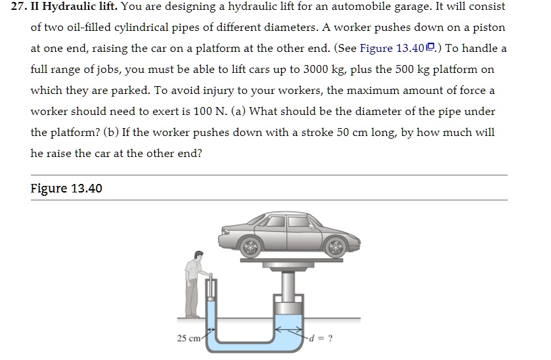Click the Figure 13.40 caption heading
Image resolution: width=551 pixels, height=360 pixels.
pos(66,189)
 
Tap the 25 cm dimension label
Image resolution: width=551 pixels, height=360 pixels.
pos(188,338)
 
